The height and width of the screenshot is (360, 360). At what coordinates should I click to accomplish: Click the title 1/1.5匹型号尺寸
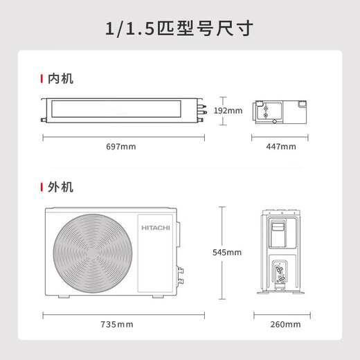tap(180, 28)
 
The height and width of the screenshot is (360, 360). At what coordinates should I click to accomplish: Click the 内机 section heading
tap(61, 79)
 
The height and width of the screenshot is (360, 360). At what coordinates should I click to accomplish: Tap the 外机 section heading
tap(61, 187)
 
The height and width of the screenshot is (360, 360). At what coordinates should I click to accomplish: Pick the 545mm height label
tap(228, 252)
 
